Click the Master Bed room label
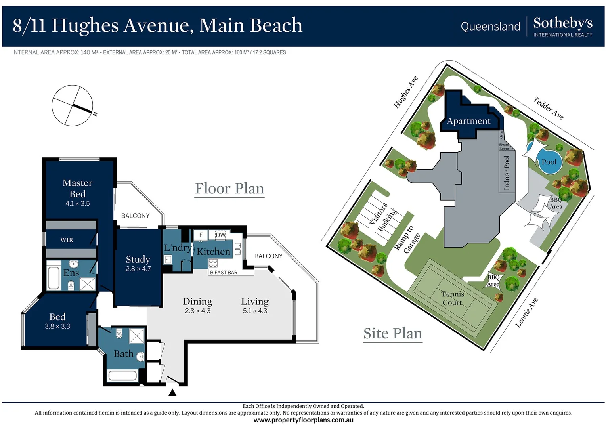pyautogui.click(x=77, y=188)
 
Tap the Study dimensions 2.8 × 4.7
pyautogui.click(x=138, y=269)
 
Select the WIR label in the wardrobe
pyautogui.click(x=67, y=240)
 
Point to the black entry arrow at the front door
pyautogui.click(x=172, y=393)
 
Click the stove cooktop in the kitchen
pyautogui.click(x=213, y=263)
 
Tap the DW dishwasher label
pyautogui.click(x=220, y=235)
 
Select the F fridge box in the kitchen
pyautogui.click(x=201, y=235)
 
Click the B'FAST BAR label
pyautogui.click(x=224, y=273)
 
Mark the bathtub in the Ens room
pyautogui.click(x=54, y=278)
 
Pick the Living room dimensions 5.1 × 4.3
pyautogui.click(x=255, y=311)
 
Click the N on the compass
pyautogui.click(x=95, y=114)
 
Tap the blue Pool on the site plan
pyautogui.click(x=549, y=162)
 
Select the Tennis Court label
pyautogui.click(x=452, y=298)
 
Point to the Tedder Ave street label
pyautogui.click(x=548, y=107)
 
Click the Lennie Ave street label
pyautogui.click(x=526, y=313)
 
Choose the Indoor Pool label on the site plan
pyautogui.click(x=507, y=173)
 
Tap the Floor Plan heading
pyautogui.click(x=229, y=188)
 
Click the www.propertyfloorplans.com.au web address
pyautogui.click(x=303, y=420)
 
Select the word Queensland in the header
pyautogui.click(x=490, y=27)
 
